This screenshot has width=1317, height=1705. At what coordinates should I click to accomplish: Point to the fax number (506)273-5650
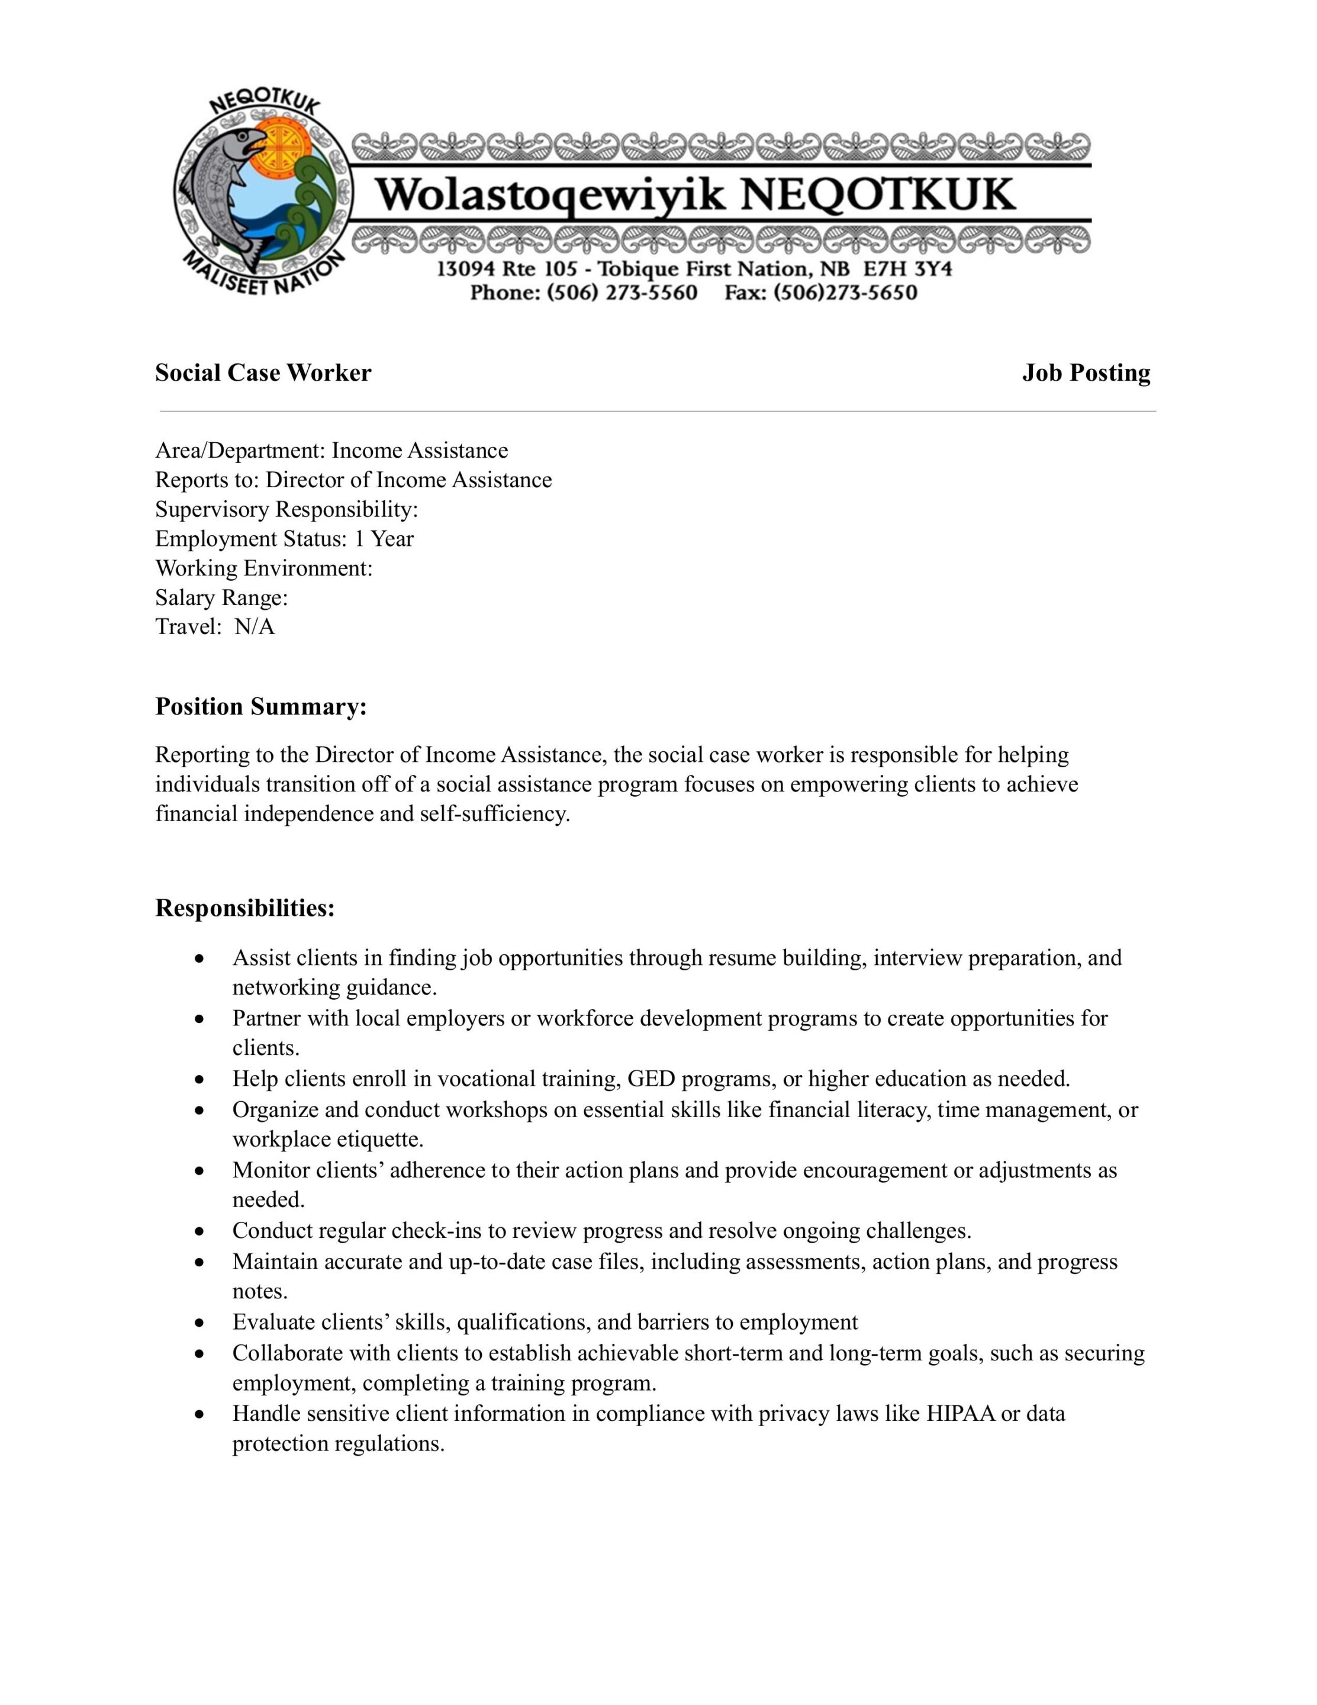tap(845, 293)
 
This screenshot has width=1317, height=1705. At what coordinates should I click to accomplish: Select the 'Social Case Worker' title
tap(263, 373)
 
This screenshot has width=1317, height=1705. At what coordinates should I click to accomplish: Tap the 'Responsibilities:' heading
tap(245, 908)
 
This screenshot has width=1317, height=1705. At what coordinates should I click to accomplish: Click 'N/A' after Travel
tap(255, 627)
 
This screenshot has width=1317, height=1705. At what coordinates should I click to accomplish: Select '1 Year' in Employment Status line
tap(384, 539)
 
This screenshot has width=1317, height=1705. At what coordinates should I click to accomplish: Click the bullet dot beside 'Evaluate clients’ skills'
tap(201, 1323)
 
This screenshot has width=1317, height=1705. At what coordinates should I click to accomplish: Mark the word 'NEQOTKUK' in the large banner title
tap(878, 195)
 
